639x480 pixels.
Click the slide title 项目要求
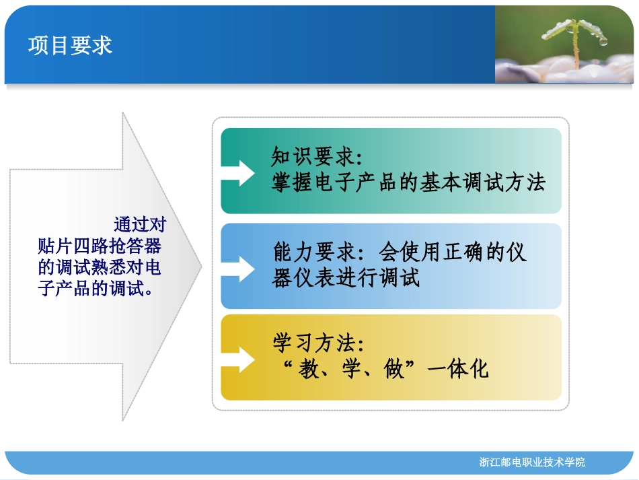[70, 45]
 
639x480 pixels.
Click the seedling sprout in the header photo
[575, 40]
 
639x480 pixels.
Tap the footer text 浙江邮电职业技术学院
[532, 462]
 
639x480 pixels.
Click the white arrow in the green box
[239, 171]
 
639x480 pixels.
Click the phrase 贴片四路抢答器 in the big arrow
[100, 246]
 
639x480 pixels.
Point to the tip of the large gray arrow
[200, 266]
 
